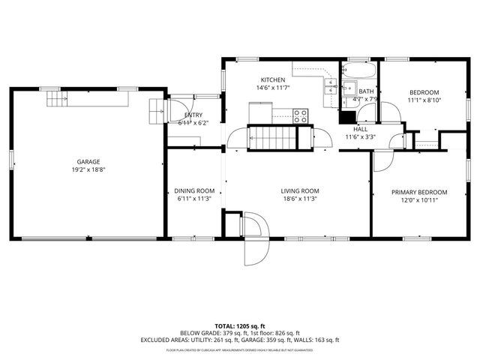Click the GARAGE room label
coord(88,161)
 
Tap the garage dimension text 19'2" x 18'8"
coord(88,170)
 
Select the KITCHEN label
coord(271,79)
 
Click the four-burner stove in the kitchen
coord(300,115)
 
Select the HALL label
coord(360,129)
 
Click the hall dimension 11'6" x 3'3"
coord(360,137)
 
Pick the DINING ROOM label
coord(194,190)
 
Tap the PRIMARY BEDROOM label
coord(419,192)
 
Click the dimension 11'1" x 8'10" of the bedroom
coord(424,100)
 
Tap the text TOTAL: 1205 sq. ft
coord(239,326)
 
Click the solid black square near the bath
coord(346,117)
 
